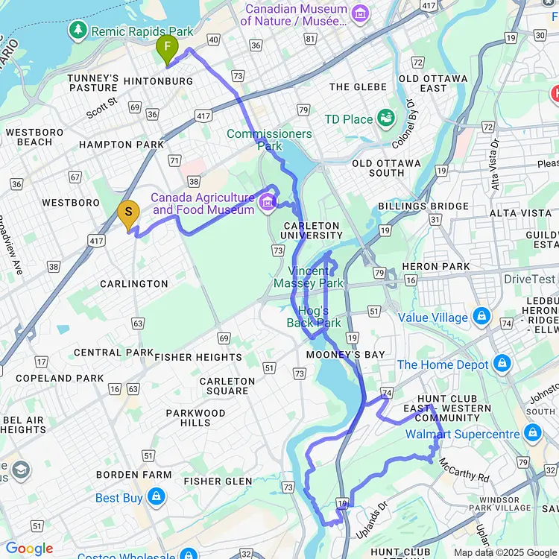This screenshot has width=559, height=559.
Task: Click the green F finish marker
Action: click(x=168, y=49)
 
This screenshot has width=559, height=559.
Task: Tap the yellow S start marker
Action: click(x=128, y=214)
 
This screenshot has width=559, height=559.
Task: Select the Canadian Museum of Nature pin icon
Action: click(x=361, y=13)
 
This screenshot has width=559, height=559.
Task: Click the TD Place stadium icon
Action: click(x=385, y=118)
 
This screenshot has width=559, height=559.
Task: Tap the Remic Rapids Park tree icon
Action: click(x=78, y=31)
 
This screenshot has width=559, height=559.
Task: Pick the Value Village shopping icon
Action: click(x=481, y=317)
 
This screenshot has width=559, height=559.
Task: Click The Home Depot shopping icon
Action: click(x=502, y=364)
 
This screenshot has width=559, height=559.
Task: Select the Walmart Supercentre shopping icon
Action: click(x=532, y=433)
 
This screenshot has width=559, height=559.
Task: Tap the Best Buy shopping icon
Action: click(x=155, y=496)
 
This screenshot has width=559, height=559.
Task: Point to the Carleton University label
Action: click(x=312, y=230)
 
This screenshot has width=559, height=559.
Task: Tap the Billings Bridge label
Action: click(x=423, y=206)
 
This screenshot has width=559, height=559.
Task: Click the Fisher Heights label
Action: click(x=198, y=357)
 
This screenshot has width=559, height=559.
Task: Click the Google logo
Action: click(x=30, y=549)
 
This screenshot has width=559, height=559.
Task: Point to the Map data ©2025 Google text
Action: click(x=505, y=552)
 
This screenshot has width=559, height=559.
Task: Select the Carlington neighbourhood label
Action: click(x=134, y=284)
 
